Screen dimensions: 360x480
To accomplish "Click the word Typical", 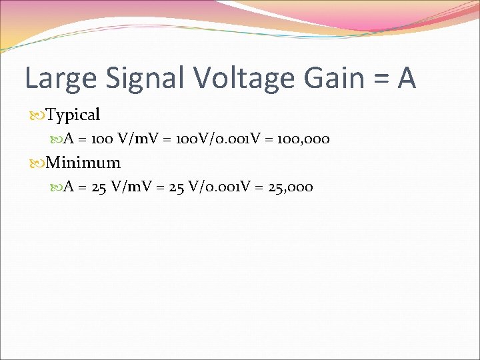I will click(x=73, y=115).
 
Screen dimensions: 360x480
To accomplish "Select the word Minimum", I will click(x=84, y=163).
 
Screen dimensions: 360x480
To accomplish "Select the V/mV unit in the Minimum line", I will click(x=132, y=187).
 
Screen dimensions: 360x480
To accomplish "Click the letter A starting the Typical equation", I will click(x=68, y=139).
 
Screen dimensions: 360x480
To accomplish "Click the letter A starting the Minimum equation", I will click(x=68, y=187).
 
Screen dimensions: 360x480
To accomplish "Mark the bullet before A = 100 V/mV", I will click(x=57, y=140).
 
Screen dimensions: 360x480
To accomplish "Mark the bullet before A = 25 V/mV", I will click(x=57, y=187).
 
